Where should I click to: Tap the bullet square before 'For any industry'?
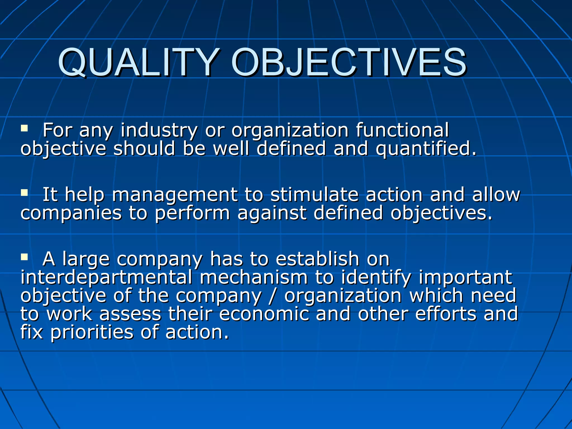[24, 128]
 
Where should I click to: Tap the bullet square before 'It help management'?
[24, 193]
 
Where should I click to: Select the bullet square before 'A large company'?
[24, 257]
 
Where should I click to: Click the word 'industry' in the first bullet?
[159, 131]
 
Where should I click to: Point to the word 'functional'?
[402, 130]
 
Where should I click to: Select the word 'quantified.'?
[426, 149]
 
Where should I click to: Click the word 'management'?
[175, 195]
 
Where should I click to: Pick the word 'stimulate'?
[314, 195]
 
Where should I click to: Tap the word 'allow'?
[496, 195]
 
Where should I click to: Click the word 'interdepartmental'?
[106, 278]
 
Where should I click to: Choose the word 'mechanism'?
[254, 278]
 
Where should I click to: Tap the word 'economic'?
[264, 314]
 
